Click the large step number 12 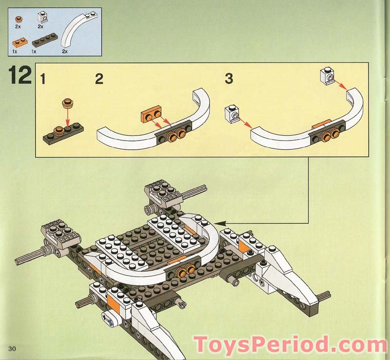(x=19, y=77)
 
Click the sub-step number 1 (x=43, y=78)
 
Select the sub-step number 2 (x=99, y=78)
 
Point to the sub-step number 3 (x=229, y=78)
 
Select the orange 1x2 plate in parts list (x=18, y=42)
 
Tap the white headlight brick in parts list (x=43, y=19)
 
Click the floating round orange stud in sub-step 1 (x=67, y=103)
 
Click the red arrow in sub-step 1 (x=67, y=117)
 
